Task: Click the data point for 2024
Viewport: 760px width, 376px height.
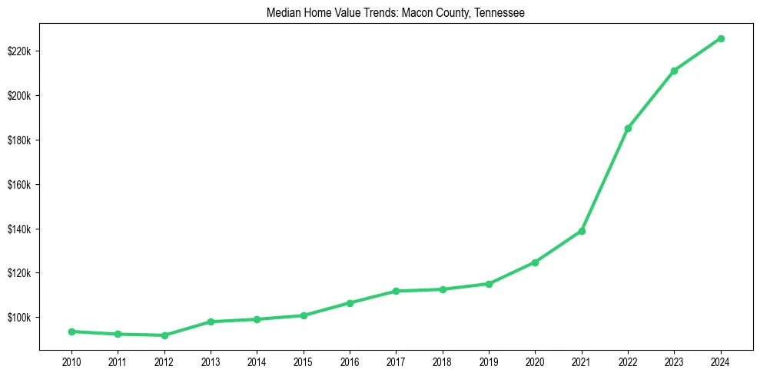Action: click(721, 38)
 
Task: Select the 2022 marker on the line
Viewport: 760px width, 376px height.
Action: click(628, 128)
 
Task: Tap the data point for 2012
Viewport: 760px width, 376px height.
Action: click(164, 335)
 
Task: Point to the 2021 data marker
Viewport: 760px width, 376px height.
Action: click(582, 231)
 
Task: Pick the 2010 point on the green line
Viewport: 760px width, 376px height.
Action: click(71, 331)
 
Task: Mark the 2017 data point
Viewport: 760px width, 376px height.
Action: click(396, 291)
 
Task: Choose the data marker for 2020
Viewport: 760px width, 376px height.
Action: click(535, 262)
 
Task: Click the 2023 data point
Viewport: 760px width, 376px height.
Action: click(674, 71)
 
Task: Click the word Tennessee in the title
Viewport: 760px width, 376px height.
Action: click(497, 13)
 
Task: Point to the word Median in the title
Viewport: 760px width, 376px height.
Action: click(282, 13)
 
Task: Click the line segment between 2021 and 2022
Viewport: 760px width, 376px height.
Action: click(605, 180)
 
